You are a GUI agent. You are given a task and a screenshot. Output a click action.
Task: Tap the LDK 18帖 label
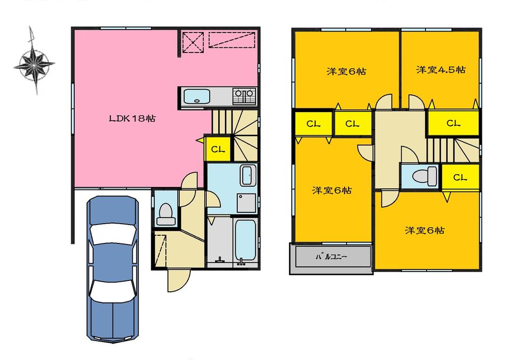[x=132, y=119]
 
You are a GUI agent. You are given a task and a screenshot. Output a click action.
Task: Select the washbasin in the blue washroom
[x=249, y=177]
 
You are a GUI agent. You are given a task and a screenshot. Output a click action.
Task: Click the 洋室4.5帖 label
[x=440, y=70]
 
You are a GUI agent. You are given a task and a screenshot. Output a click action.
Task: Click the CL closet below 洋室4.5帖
[x=453, y=123]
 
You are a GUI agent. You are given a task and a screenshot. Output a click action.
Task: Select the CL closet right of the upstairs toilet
[x=460, y=177]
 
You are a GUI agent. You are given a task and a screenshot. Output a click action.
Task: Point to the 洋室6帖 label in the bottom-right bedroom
[x=425, y=231]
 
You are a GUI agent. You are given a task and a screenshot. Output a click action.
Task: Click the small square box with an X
[x=192, y=41]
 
